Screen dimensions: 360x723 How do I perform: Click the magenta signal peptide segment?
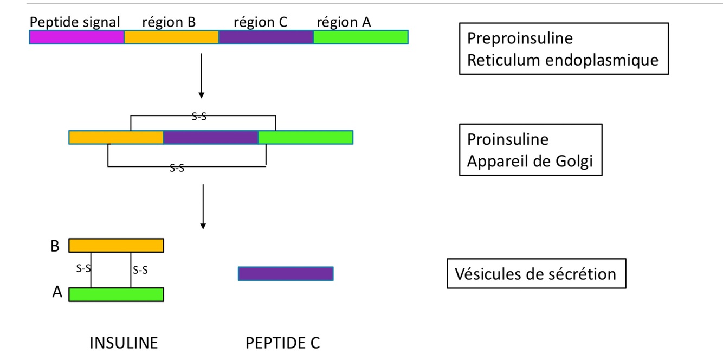click(77, 37)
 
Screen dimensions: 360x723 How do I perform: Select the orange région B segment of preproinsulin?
click(171, 37)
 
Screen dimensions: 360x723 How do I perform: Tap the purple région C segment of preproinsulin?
click(266, 37)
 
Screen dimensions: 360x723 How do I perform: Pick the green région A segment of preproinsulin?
click(360, 37)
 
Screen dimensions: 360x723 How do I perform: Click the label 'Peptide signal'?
click(75, 22)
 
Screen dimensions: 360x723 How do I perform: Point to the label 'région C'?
click(260, 22)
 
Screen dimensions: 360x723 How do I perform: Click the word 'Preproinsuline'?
click(520, 38)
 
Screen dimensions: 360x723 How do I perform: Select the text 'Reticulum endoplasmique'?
click(563, 59)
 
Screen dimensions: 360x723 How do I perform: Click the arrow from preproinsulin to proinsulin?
click(201, 76)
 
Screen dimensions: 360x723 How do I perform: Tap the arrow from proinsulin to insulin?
click(203, 206)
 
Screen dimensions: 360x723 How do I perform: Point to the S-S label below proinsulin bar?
click(177, 169)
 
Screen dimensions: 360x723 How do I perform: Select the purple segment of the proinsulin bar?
click(210, 137)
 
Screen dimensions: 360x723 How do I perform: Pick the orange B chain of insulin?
click(116, 245)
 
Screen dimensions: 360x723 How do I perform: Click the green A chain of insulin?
click(116, 294)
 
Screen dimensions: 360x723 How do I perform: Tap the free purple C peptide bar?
click(286, 273)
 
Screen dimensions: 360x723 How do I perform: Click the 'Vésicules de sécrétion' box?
click(535, 273)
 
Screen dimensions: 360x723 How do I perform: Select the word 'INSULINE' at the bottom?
click(124, 343)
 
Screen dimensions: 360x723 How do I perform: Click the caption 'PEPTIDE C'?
click(282, 343)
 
